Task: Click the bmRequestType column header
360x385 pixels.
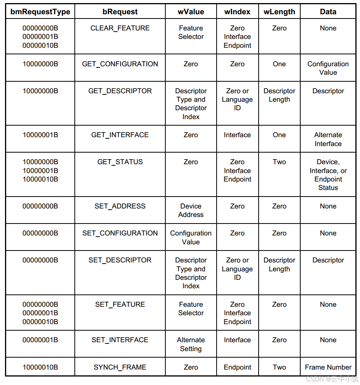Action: pos(40,12)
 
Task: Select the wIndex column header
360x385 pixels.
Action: pos(237,12)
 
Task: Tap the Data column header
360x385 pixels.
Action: pos(328,12)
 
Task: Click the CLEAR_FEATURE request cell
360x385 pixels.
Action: pos(120,28)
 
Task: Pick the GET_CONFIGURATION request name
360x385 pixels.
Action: pos(120,64)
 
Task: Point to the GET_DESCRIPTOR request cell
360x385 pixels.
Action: pos(120,91)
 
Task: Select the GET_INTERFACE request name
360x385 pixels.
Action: pos(120,135)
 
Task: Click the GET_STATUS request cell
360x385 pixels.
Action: pos(120,162)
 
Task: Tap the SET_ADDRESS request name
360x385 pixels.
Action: pos(120,206)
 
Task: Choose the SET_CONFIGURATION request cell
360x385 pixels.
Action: pos(120,233)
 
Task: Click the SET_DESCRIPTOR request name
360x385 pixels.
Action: pos(120,260)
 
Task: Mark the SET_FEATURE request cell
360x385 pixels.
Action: pos(120,304)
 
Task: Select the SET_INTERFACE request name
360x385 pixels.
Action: pos(120,340)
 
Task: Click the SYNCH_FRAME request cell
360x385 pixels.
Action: pos(120,367)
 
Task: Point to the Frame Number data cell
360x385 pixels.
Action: pos(328,367)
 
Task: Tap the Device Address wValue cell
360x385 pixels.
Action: pos(191,210)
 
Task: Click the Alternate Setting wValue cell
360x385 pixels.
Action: pos(191,344)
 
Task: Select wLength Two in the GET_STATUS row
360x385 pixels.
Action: pos(279,162)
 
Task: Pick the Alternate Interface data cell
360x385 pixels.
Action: pos(328,139)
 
